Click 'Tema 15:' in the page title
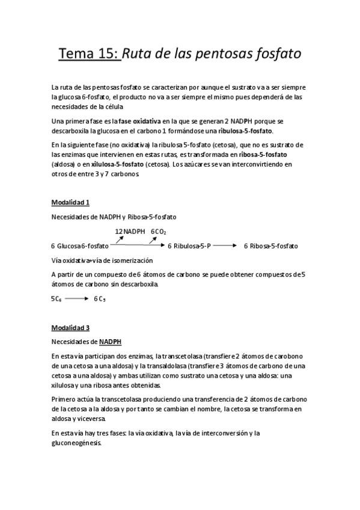coord(88,54)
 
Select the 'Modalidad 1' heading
coord(70,203)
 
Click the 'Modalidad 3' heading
coord(70,328)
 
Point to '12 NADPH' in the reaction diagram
coord(130,232)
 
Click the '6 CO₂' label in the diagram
coord(159,232)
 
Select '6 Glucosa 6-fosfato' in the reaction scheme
coord(80,246)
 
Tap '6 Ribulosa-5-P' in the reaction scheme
coord(189,246)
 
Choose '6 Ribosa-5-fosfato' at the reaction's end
coord(271,246)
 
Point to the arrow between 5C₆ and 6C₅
coord(77,298)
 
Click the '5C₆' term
coord(56,298)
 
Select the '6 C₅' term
coord(100,298)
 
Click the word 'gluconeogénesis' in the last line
coord(76,443)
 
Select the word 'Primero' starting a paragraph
coord(64,400)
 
